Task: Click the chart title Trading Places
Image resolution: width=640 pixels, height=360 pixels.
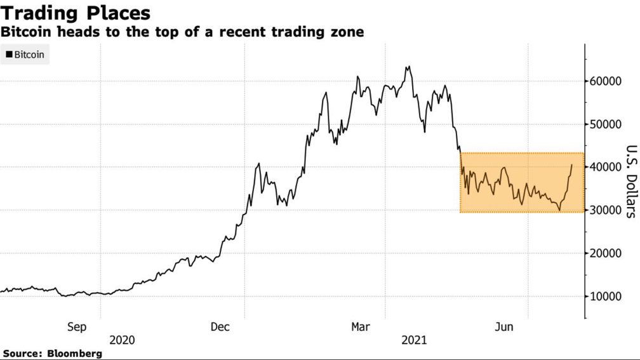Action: pos(76,13)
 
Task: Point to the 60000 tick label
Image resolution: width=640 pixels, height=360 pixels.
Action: pos(604,81)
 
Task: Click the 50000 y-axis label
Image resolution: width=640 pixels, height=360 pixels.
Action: pos(604,124)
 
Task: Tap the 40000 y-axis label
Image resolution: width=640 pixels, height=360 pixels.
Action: pos(604,167)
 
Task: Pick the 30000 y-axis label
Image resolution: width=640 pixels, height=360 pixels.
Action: pos(604,210)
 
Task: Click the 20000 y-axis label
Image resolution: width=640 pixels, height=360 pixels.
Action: pos(604,253)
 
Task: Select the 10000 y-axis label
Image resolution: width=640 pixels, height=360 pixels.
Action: pos(604,297)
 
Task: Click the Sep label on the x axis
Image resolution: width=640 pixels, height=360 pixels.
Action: pos(76,327)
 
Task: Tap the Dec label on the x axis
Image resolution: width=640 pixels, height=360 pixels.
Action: pos(220,327)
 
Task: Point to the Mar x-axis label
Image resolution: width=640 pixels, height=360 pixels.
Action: pos(361,327)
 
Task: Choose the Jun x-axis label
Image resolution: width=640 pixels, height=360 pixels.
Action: pos(504,327)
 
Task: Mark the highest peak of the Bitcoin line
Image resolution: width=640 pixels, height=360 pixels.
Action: pos(408,66)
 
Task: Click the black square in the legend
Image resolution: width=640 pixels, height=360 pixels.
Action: pos(9,55)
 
